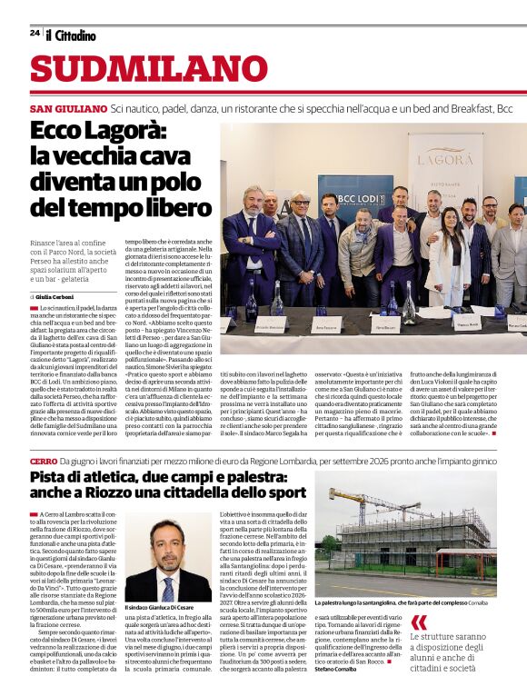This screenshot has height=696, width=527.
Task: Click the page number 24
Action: coord(35,33)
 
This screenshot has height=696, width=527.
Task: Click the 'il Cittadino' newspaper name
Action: coord(71,35)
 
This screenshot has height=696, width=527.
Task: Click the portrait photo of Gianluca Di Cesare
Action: coord(168,560)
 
